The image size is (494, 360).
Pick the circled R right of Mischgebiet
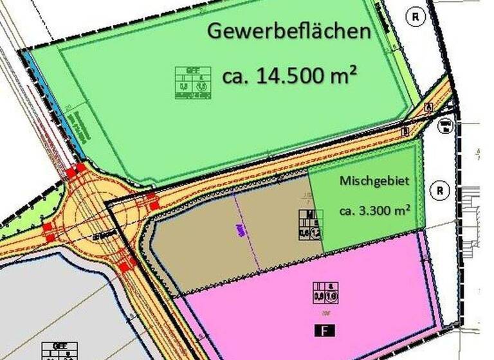click(x=439, y=190)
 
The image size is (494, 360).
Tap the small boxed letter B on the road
click(x=406, y=132)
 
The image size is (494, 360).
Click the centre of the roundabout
click(x=98, y=219)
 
